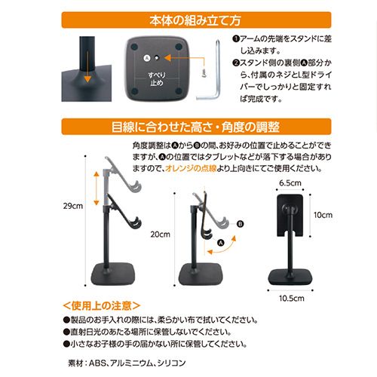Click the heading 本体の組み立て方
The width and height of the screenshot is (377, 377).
click(x=195, y=20)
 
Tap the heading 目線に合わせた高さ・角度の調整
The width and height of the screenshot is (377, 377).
click(x=195, y=127)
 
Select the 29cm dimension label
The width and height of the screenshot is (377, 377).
click(x=73, y=206)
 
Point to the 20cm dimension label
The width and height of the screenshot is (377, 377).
click(x=160, y=234)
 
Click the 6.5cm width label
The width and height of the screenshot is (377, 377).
click(x=290, y=183)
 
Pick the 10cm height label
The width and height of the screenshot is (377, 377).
click(x=323, y=215)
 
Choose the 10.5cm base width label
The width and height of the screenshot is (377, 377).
click(x=292, y=299)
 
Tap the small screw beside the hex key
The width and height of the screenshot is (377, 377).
click(x=204, y=73)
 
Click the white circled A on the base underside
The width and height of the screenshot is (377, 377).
click(x=147, y=58)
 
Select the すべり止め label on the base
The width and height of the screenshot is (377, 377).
click(x=157, y=79)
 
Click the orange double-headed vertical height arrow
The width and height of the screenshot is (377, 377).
click(x=97, y=188)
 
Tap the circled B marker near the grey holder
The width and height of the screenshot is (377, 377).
click(x=240, y=224)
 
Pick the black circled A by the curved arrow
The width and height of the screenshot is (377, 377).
click(x=221, y=243)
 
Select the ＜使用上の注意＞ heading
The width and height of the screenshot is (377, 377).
click(x=102, y=306)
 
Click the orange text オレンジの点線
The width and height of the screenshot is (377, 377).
click(x=191, y=168)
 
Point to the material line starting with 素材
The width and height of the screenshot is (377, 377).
click(x=127, y=363)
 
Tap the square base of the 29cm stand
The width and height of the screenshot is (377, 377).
click(x=113, y=274)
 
